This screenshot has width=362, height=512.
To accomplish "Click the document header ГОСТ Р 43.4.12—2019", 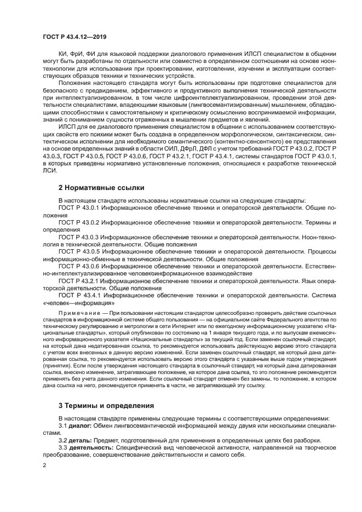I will (77, 36).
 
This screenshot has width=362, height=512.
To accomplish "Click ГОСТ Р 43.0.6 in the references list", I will (79, 264).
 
